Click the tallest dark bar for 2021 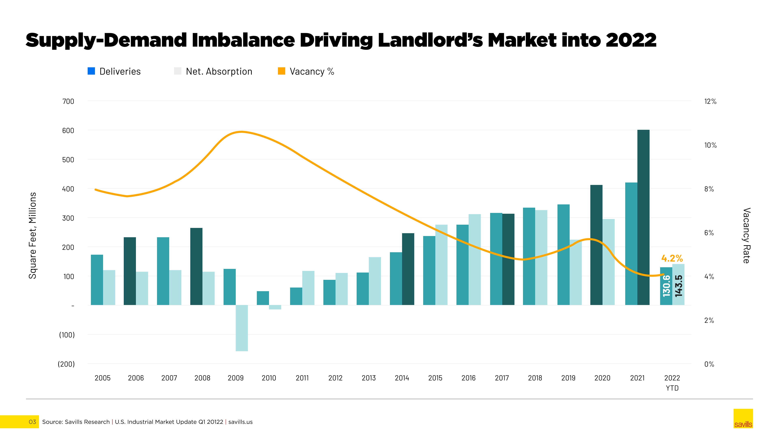643,218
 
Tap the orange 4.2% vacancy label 672,259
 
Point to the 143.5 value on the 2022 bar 678,286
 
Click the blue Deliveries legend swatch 91,71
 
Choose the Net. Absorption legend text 219,72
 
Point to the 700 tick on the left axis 68,102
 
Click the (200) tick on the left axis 66,364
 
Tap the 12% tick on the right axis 710,102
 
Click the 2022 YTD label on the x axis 672,383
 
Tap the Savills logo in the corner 743,419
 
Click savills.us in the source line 240,422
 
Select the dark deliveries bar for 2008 196,267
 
